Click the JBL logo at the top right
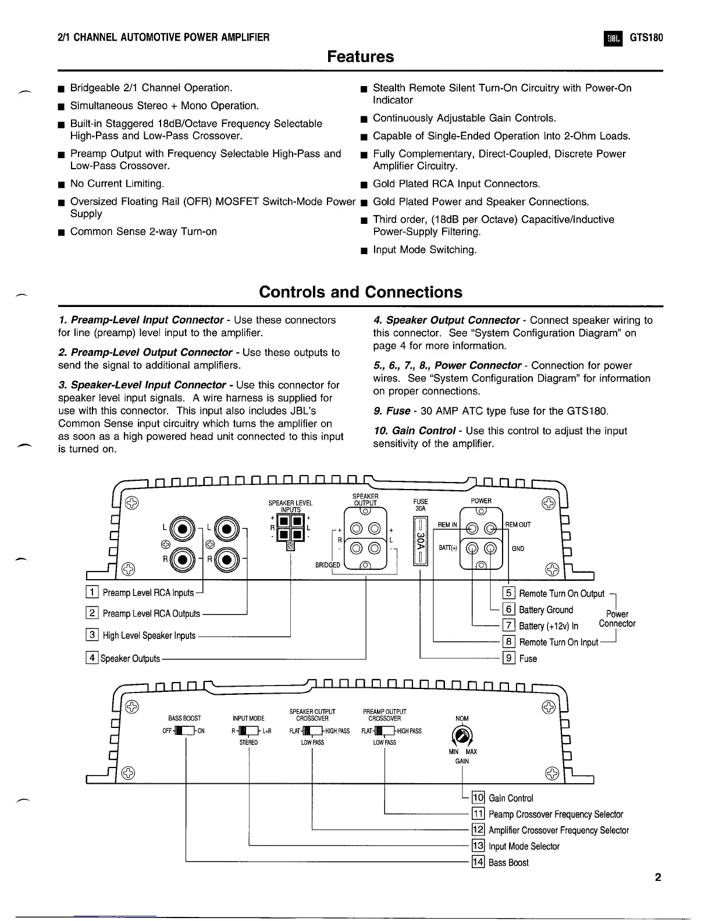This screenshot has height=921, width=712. (x=613, y=38)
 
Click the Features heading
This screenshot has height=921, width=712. (x=360, y=57)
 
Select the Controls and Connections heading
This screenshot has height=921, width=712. (x=360, y=292)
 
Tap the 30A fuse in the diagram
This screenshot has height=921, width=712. (x=421, y=541)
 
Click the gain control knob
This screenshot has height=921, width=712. (x=462, y=736)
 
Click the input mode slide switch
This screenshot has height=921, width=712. (x=248, y=731)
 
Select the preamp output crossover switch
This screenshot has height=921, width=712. (x=385, y=731)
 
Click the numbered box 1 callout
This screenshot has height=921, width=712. (x=91, y=592)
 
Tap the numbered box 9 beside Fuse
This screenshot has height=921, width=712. (x=508, y=658)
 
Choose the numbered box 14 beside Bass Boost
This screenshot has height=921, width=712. (x=478, y=862)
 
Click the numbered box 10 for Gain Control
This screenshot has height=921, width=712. (x=478, y=798)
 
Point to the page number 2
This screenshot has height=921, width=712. (x=658, y=877)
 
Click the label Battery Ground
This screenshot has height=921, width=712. (x=546, y=609)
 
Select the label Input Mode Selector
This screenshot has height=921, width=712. (x=524, y=846)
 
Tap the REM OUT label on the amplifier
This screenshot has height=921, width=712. (x=518, y=524)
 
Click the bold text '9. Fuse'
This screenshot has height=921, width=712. (x=391, y=411)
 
